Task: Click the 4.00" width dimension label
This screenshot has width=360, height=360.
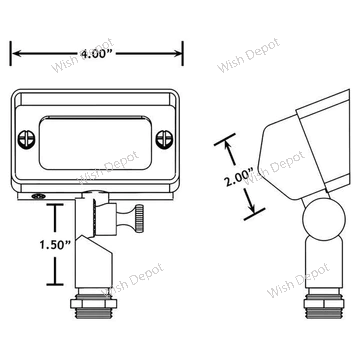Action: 97,54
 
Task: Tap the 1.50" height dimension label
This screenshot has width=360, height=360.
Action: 55,245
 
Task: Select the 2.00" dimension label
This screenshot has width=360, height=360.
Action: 239,178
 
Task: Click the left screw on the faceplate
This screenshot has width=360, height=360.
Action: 26,139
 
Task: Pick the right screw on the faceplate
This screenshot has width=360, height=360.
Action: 164,139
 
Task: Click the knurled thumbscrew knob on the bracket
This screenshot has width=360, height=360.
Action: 139,218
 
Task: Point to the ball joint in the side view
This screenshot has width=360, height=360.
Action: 324,219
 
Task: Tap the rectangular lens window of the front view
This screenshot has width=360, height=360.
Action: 95,143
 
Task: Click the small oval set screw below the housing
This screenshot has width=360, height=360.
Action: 38,196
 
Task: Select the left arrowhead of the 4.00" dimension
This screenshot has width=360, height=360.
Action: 17,53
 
